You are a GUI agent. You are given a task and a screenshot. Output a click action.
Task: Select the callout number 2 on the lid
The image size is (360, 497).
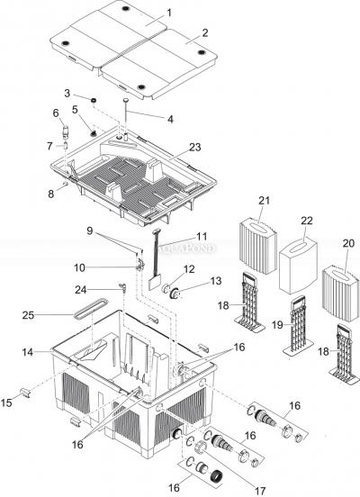[x=206, y=32]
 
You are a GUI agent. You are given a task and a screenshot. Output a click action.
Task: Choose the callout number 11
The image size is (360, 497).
[x=176, y=236]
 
